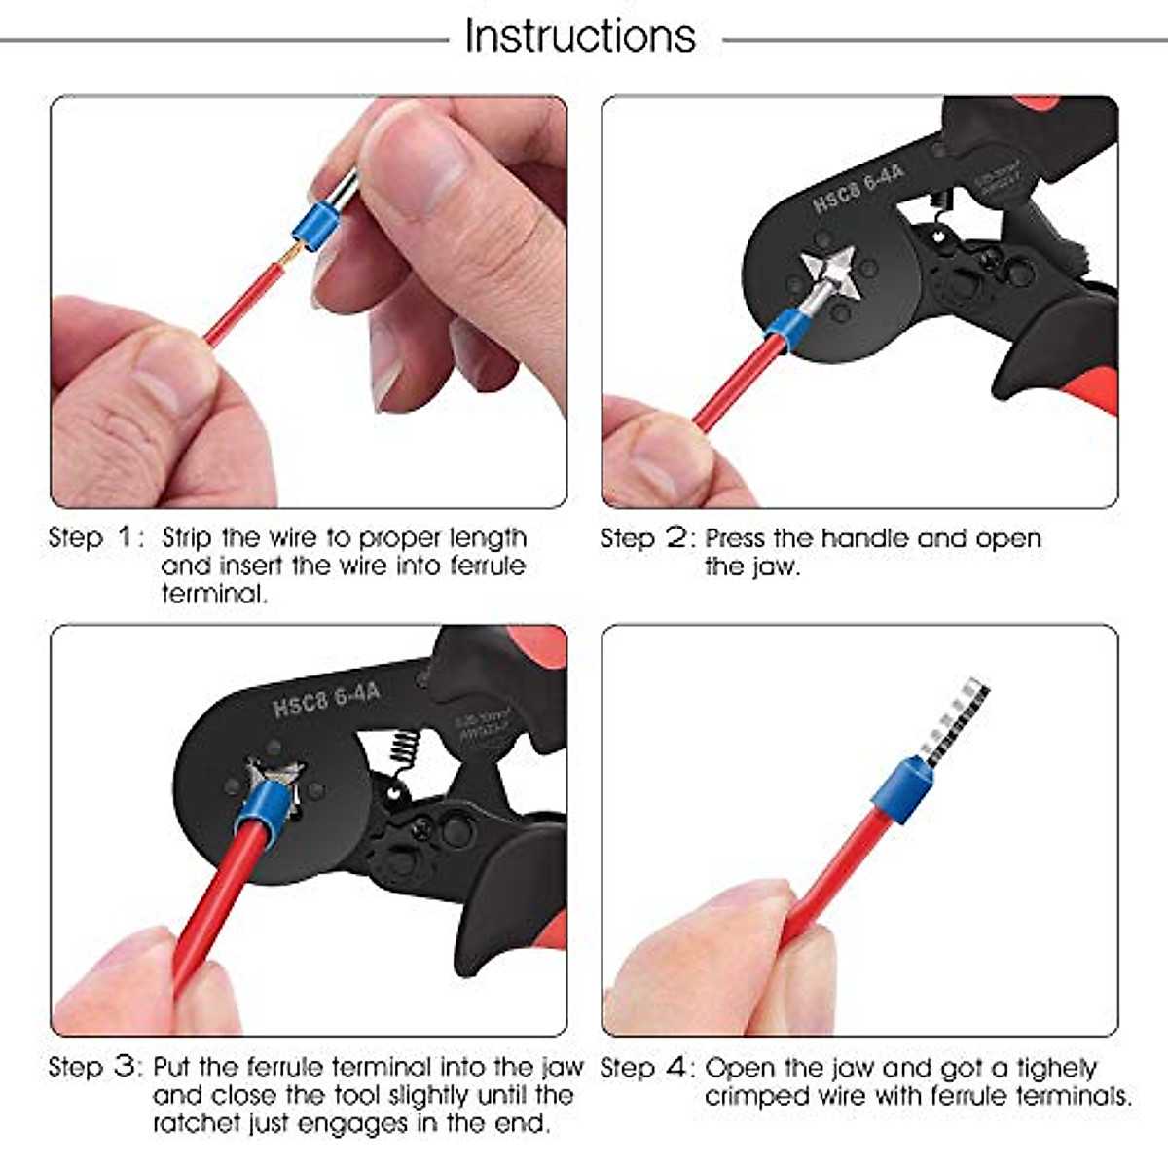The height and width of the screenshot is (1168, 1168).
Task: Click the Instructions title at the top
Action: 580,37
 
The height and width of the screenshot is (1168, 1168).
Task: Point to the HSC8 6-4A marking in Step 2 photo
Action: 858,188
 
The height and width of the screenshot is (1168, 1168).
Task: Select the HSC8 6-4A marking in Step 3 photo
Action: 326,699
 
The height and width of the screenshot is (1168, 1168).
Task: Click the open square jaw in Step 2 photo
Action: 830,272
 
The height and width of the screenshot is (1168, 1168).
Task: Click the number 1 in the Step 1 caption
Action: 126,537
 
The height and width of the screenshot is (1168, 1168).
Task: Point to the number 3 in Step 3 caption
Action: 126,1067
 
